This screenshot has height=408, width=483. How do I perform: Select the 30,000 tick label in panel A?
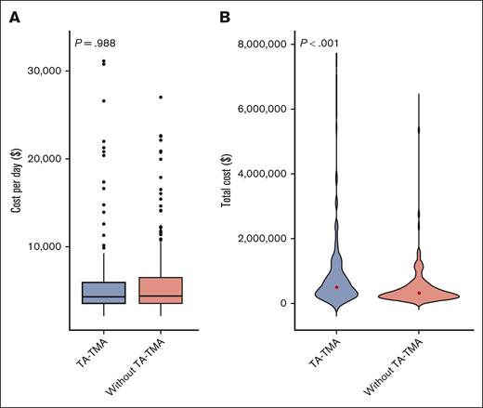(x=42, y=71)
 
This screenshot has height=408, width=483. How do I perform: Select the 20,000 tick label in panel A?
(x=42, y=159)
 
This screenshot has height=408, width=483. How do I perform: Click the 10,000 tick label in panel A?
(x=42, y=246)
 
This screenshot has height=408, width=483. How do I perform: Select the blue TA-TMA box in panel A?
(x=103, y=293)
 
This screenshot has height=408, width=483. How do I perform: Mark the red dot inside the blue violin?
(x=336, y=287)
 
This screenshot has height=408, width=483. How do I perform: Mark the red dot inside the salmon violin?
(x=419, y=293)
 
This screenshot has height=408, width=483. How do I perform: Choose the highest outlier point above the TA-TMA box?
(x=103, y=60)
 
